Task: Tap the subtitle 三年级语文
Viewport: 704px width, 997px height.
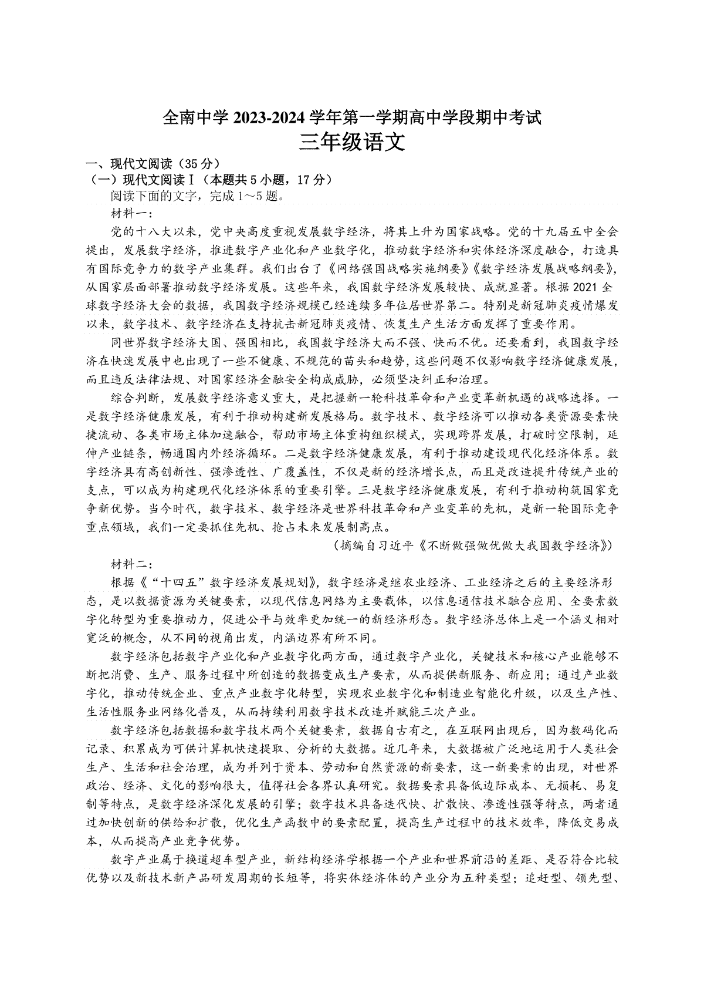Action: coord(351,143)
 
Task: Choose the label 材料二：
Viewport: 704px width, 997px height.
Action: coord(131,565)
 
